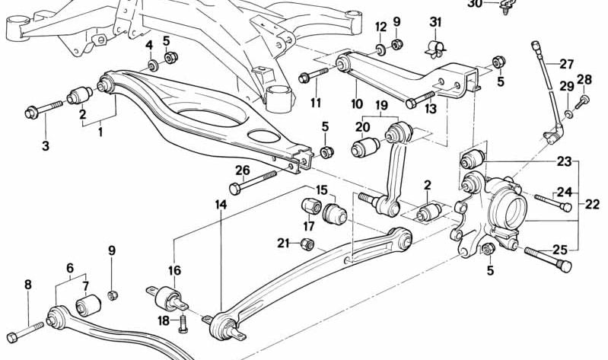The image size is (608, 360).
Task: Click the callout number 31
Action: click(435, 21)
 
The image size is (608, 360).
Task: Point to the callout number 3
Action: click(46, 145)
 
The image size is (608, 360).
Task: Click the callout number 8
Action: click(28, 285)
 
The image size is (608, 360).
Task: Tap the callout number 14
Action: click(221, 205)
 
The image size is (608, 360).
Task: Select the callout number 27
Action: click(567, 64)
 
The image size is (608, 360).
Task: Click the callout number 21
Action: click(283, 244)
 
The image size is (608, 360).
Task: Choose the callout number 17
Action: click(309, 226)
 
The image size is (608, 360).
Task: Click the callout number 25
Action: click(560, 249)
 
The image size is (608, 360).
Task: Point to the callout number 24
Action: click(562, 192)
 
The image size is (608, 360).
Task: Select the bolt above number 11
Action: click(314, 76)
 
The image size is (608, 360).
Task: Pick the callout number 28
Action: click(584, 79)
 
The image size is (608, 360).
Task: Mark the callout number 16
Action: click(174, 270)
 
